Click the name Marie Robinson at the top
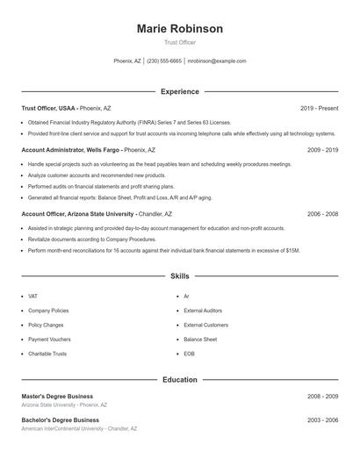click(179, 29)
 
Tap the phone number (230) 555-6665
click(164, 61)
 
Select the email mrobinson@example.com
click(217, 61)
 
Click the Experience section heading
click(179, 91)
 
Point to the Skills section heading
click(179, 276)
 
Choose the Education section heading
click(179, 380)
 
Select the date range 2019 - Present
click(319, 108)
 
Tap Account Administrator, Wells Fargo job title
click(71, 150)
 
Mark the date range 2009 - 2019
click(322, 150)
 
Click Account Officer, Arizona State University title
click(77, 213)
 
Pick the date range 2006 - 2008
click(322, 213)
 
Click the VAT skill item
click(33, 297)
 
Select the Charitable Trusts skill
click(47, 354)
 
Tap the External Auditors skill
click(202, 311)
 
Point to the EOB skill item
click(189, 354)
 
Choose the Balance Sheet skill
click(199, 339)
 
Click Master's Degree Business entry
click(57, 397)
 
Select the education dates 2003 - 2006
click(322, 420)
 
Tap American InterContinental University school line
click(79, 429)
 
